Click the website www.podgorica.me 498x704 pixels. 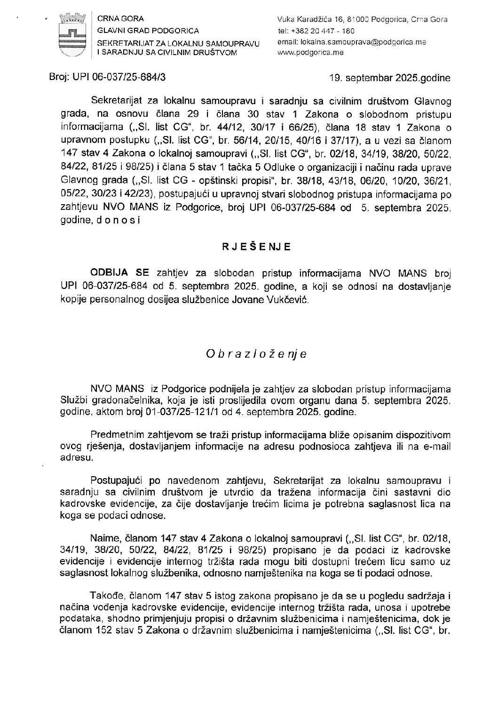pyautogui.click(x=311, y=52)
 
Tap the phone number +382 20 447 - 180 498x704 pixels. pyautogui.click(x=323, y=31)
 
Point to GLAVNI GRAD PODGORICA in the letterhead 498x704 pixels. pyautogui.click(x=148, y=31)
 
